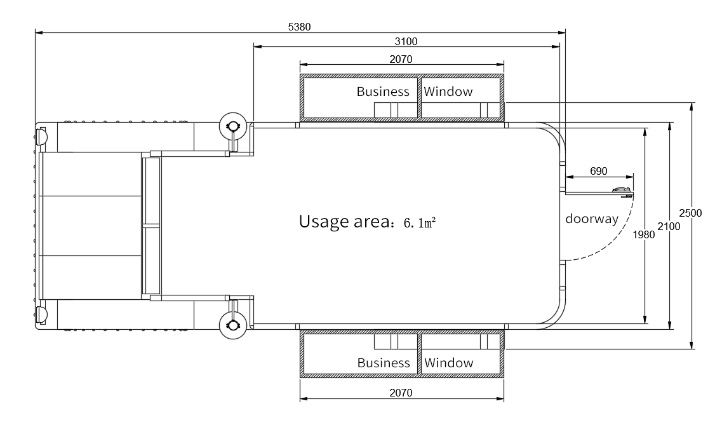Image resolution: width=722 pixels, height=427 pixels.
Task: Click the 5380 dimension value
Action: pyautogui.click(x=299, y=27)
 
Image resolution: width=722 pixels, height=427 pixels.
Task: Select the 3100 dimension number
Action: pyautogui.click(x=406, y=41)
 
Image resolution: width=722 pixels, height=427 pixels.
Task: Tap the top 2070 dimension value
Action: pyautogui.click(x=401, y=60)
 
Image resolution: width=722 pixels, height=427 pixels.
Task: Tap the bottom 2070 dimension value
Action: pyautogui.click(x=401, y=393)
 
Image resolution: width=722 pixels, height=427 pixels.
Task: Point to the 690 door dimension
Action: pyautogui.click(x=598, y=172)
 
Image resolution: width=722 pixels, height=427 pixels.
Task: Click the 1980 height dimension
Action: pyautogui.click(x=643, y=235)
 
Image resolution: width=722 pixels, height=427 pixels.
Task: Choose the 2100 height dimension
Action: pyautogui.click(x=669, y=226)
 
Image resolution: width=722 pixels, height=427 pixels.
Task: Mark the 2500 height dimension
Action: pyautogui.click(x=690, y=213)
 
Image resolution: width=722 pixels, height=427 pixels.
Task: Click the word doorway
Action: pyautogui.click(x=592, y=219)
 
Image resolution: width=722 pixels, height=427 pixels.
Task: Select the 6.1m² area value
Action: pyautogui.click(x=420, y=224)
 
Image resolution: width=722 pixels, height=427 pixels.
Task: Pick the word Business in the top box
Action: pyautogui.click(x=383, y=91)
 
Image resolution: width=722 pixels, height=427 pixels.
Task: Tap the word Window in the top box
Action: pyautogui.click(x=448, y=91)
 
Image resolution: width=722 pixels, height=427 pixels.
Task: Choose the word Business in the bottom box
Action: pyautogui.click(x=384, y=363)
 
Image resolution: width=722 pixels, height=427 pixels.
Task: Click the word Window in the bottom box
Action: pyautogui.click(x=448, y=363)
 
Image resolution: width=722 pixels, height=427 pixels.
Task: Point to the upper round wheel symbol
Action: pyautogui.click(x=233, y=126)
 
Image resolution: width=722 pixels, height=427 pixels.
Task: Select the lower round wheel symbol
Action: pyautogui.click(x=233, y=325)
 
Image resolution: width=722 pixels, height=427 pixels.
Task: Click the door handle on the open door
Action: pyautogui.click(x=622, y=190)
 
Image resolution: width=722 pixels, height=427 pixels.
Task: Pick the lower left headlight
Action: pyautogui.click(x=41, y=314)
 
